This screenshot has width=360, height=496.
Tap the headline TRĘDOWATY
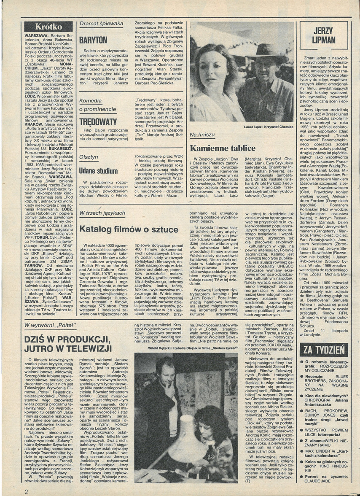tap(98, 122)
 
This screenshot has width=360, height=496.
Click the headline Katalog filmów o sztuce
tap(129, 229)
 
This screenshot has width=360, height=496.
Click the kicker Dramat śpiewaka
tap(101, 24)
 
